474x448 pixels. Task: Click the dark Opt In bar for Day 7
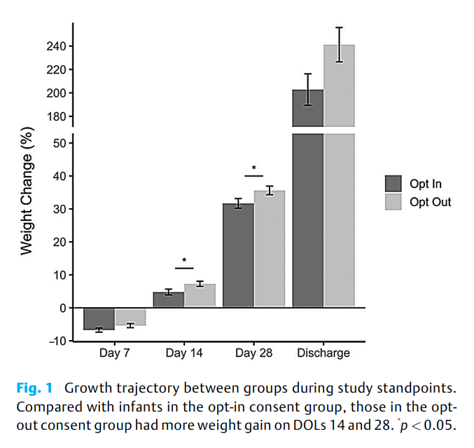point(99,319)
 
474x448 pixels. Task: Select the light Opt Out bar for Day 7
point(130,317)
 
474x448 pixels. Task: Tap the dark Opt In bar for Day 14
point(168,299)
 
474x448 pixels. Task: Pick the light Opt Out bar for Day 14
point(200,295)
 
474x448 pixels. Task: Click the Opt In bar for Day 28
point(238,255)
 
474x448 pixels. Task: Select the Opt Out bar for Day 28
point(270,249)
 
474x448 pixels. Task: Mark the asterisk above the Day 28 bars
point(253,169)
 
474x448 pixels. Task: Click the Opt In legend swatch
point(393,184)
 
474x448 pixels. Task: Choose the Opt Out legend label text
point(431,202)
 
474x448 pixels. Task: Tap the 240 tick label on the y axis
point(57,46)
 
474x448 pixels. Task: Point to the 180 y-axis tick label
point(57,116)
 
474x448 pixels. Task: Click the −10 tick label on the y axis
point(55,341)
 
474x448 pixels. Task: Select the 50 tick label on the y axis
point(59,143)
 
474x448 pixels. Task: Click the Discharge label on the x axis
point(323,353)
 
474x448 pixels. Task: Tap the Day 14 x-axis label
point(184,353)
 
